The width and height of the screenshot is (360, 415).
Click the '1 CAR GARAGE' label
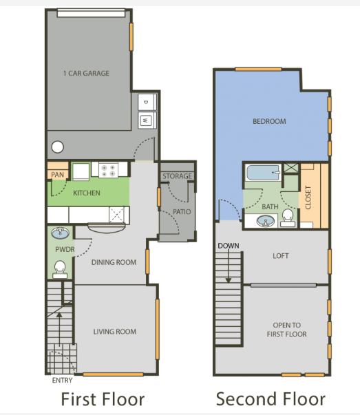86,74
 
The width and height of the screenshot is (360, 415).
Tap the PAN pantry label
57,175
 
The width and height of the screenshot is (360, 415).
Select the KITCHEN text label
87,193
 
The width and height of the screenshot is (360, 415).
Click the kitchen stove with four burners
109,168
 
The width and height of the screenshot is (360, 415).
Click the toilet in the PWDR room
60,267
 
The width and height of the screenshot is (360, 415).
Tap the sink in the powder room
60,233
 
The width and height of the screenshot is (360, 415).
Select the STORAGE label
177,177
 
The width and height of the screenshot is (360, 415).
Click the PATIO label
182,212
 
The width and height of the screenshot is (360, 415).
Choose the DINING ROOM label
114,262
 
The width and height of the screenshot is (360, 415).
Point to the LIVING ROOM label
114,332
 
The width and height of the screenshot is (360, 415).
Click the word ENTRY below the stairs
62,380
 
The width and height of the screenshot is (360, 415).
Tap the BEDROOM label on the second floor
269,121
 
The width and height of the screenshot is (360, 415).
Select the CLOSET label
308,198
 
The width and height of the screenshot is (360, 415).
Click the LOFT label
280,256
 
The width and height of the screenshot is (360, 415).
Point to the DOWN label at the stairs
227,246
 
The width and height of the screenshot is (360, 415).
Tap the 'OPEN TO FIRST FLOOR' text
287,329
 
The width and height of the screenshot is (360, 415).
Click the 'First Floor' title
103,398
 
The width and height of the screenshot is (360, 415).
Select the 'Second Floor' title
271,398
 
